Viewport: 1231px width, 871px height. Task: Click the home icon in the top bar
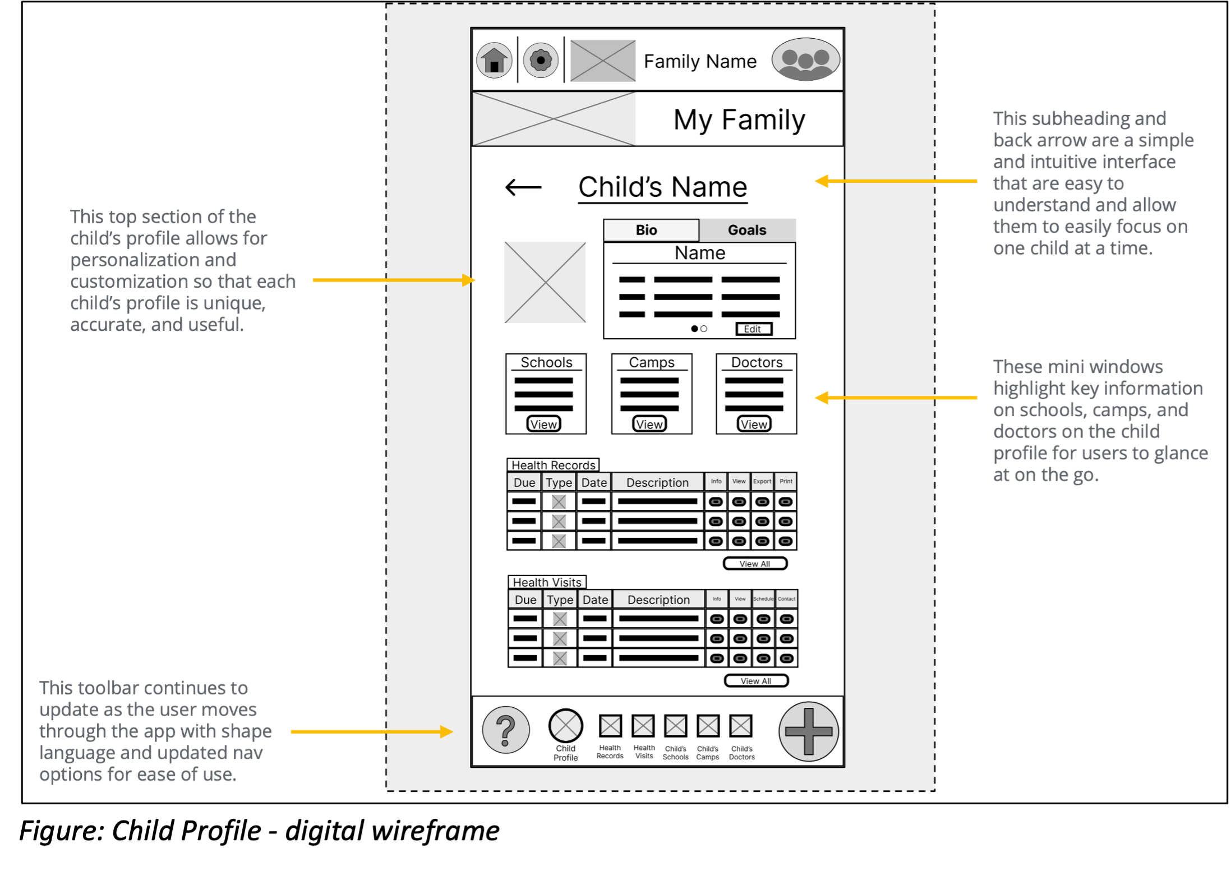(x=494, y=60)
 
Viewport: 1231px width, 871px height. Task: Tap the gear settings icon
(x=541, y=60)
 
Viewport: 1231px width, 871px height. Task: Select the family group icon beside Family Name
(x=805, y=59)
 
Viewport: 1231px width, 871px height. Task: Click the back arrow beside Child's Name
(x=523, y=187)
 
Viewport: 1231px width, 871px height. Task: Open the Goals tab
(x=746, y=230)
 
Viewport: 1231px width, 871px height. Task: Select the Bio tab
(x=647, y=230)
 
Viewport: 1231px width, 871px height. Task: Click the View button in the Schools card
(x=543, y=425)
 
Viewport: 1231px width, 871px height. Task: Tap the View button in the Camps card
(x=649, y=425)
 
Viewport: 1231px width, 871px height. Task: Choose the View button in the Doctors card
(x=754, y=425)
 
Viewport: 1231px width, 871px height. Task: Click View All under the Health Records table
(x=755, y=564)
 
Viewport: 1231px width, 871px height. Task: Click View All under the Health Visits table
(x=756, y=681)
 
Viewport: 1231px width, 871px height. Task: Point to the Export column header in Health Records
(x=762, y=481)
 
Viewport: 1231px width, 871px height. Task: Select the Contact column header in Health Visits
(x=786, y=599)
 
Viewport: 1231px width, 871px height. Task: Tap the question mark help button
(x=506, y=730)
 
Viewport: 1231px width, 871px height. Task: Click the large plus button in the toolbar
(x=808, y=731)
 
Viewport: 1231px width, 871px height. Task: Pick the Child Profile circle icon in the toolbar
(x=565, y=726)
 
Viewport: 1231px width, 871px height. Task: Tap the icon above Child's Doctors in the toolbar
(x=741, y=726)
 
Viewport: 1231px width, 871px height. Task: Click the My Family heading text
(x=739, y=119)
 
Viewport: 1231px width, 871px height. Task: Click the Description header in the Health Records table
(x=657, y=482)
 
